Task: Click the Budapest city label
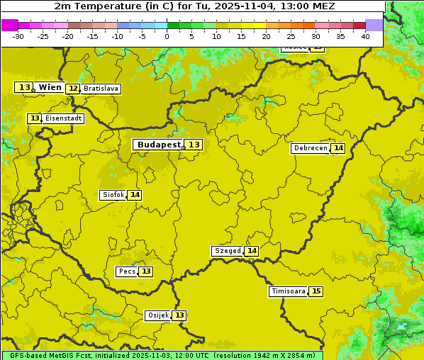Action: [x=159, y=145]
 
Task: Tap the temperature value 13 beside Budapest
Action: [x=194, y=145]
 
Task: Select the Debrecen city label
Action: [x=309, y=148]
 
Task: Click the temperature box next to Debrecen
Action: [x=338, y=148]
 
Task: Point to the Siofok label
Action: [x=112, y=195]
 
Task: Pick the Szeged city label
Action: [x=227, y=251]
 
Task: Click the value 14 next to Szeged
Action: [x=252, y=251]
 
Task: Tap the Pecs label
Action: [x=127, y=271]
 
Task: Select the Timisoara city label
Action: [x=288, y=291]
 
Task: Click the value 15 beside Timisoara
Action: [x=316, y=291]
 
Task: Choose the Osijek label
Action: [x=157, y=315]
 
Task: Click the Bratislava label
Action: [x=100, y=89]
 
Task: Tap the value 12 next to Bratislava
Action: [x=73, y=89]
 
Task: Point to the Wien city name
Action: [x=50, y=87]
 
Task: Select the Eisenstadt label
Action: [x=63, y=118]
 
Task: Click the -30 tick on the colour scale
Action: [x=18, y=36]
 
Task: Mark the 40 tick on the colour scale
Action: [x=365, y=36]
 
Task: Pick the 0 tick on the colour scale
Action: [x=167, y=36]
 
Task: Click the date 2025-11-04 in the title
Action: [x=242, y=6]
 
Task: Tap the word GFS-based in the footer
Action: [x=28, y=355]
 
